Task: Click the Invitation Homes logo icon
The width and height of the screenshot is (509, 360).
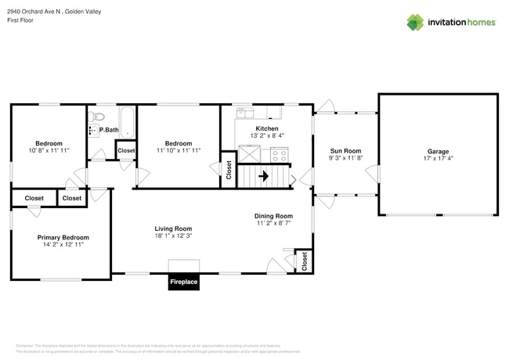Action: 415,22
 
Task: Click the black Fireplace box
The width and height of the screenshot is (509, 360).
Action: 184,282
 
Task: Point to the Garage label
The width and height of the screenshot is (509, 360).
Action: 438,151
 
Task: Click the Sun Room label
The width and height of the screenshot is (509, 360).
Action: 345,151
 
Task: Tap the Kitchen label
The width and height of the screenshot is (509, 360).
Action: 267,128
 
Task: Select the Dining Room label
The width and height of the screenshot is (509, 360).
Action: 273,216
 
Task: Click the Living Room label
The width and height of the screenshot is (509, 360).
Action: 173,229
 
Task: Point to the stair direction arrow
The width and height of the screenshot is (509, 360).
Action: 263,177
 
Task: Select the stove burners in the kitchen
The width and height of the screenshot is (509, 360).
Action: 280,156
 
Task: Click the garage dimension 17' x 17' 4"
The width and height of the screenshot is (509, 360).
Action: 438,158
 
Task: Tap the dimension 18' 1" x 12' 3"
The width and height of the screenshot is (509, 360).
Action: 173,236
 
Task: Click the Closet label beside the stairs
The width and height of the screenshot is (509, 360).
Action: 229,171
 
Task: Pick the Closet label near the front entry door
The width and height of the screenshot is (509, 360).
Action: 305,261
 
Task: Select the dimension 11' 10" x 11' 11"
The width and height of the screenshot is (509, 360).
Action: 179,150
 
